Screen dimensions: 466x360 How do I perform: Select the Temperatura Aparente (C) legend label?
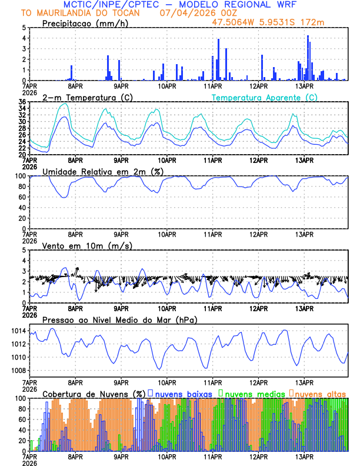pyautogui.click(x=265, y=97)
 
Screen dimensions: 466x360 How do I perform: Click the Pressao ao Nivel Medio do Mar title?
pyautogui.click(x=119, y=319)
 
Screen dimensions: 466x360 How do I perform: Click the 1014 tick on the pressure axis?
pyautogui.click(x=18, y=331)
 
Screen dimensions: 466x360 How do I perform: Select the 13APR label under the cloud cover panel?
pyautogui.click(x=304, y=457)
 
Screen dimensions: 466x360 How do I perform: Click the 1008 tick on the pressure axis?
pyautogui.click(x=18, y=371)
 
